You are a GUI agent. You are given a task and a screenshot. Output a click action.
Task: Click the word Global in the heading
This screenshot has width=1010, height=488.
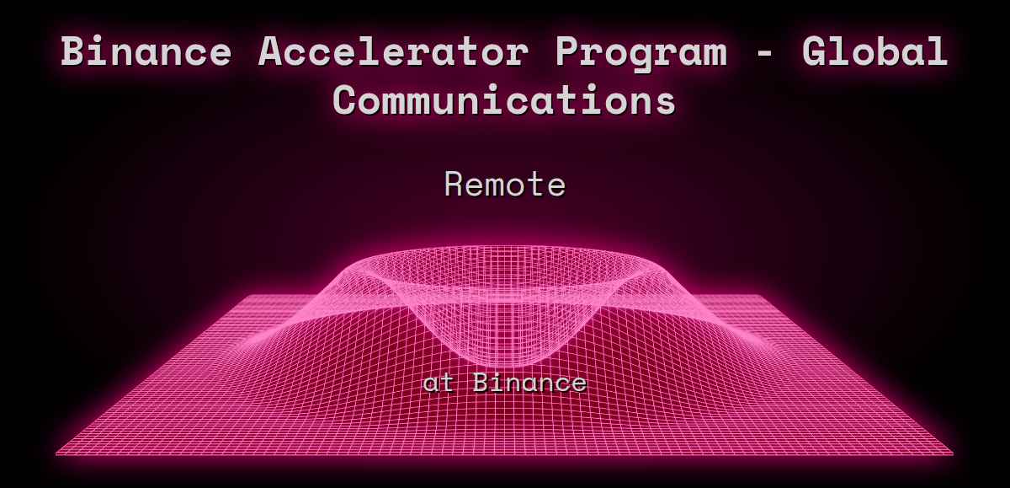pyautogui.click(x=874, y=52)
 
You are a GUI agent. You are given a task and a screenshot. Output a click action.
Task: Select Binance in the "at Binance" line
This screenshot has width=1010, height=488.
pyautogui.click(x=529, y=383)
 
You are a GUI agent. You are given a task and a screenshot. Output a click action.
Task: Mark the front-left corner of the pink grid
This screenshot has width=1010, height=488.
pyautogui.click(x=57, y=454)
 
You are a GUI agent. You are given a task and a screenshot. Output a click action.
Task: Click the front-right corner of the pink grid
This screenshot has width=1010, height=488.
pyautogui.click(x=953, y=454)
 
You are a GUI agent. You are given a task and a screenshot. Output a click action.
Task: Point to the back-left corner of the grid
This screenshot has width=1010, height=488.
pyautogui.click(x=245, y=296)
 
